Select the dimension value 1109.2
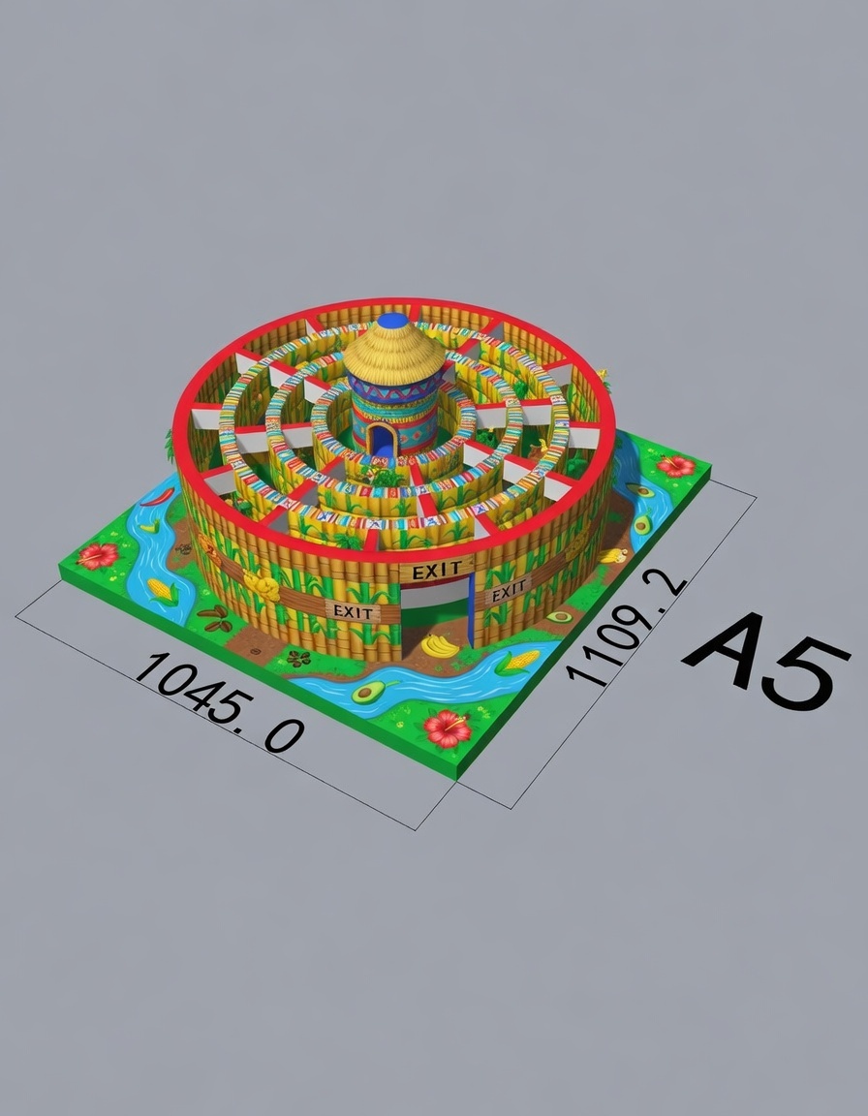click(626, 628)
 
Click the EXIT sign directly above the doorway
click(435, 571)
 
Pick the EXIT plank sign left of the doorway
click(353, 611)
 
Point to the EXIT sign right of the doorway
click(509, 591)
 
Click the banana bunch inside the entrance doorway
click(440, 645)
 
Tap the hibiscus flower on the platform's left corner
click(98, 555)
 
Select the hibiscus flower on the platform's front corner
click(447, 728)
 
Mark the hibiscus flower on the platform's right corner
click(676, 466)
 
